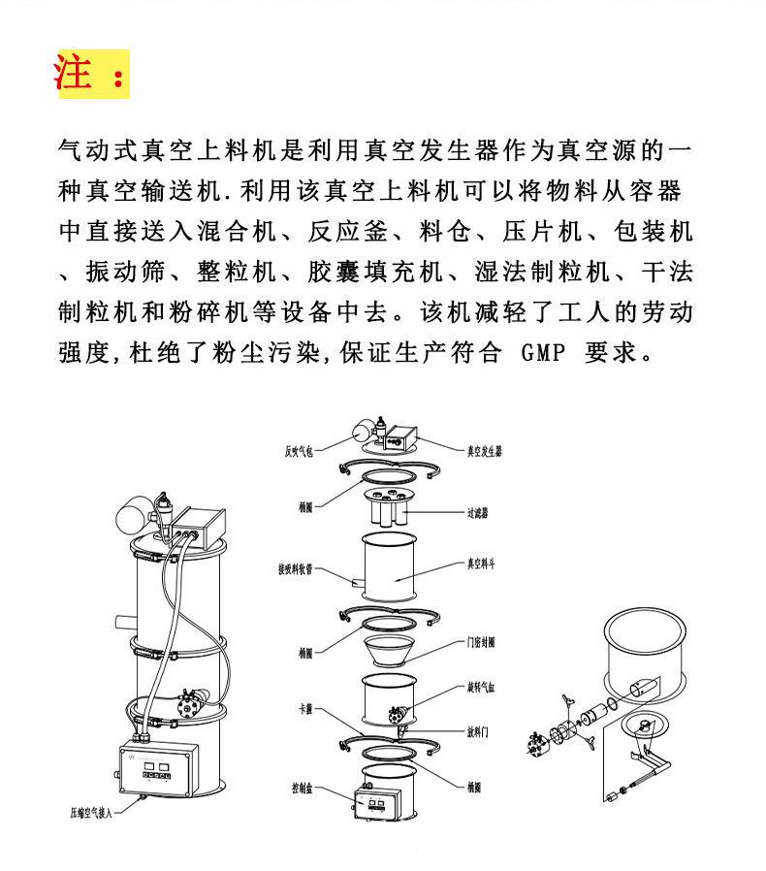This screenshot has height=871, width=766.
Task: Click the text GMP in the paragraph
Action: click(544, 350)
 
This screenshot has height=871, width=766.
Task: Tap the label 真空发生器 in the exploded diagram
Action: click(484, 451)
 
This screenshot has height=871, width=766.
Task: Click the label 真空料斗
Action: click(482, 562)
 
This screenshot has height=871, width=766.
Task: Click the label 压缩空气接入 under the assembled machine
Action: click(91, 813)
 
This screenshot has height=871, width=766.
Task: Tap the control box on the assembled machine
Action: click(159, 769)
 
